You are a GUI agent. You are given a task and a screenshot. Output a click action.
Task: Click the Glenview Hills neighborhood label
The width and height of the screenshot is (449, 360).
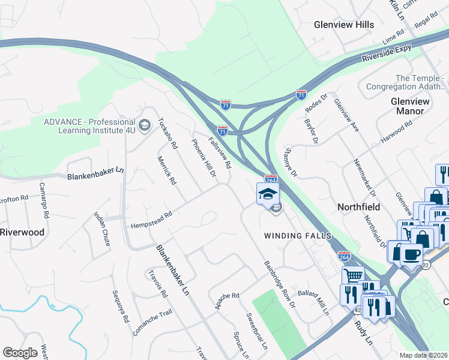pos(344,25)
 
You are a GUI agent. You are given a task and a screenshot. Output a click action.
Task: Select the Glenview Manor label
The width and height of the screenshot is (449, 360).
pos(411,106)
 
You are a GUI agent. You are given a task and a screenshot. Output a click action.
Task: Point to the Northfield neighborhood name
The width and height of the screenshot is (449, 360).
pos(359,206)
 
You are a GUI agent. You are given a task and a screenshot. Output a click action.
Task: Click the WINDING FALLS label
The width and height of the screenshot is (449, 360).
pos(298,236)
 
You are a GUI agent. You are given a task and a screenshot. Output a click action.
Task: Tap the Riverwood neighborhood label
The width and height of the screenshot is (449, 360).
pos(22,232)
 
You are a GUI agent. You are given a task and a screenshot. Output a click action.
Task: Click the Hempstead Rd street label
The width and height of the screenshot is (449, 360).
pos(152,220)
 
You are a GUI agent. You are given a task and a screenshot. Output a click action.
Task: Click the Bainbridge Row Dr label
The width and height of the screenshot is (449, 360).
pos(280,284)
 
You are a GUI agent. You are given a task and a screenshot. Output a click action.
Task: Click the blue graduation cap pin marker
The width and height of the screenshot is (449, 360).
pos(268,193)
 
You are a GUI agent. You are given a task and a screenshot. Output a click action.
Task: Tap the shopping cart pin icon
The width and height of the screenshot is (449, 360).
pos(353,276)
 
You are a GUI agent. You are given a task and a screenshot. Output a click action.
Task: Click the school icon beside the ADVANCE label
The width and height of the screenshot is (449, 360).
pos(144,125)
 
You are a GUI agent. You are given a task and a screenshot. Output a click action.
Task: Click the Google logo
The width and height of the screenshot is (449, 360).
pos(20,352)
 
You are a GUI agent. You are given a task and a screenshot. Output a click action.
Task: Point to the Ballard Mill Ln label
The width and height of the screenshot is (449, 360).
pos(313,300)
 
